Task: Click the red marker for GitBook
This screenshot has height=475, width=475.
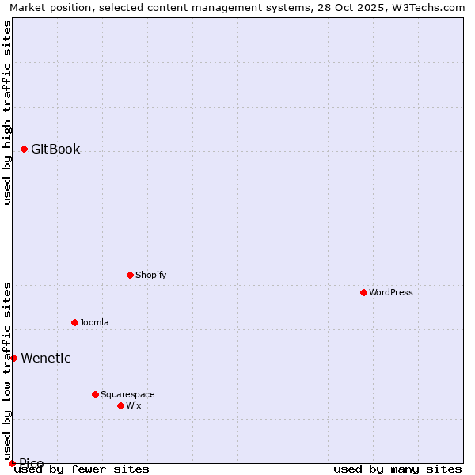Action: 25,149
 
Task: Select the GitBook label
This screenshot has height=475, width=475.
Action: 55,150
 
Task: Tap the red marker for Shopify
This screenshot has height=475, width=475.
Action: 130,275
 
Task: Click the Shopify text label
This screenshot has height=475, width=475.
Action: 150,275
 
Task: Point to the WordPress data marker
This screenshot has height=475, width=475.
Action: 363,292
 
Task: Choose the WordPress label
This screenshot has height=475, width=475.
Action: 390,293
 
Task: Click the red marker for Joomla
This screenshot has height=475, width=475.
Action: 74,322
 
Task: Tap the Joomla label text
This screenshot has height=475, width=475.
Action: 94,323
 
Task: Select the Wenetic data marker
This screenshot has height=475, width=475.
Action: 13,358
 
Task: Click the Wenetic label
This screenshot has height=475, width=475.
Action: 46,359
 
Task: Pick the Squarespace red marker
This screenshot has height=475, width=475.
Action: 95,394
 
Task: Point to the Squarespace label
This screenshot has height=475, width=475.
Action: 127,395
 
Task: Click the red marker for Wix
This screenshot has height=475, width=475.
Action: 120,405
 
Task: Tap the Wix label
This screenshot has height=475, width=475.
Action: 133,406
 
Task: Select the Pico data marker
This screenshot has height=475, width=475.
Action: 12,463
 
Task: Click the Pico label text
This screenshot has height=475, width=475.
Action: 32,463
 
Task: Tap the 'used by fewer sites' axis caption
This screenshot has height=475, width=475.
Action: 82,469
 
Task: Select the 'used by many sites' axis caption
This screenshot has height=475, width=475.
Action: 397,469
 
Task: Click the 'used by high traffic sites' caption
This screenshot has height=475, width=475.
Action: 7,112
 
